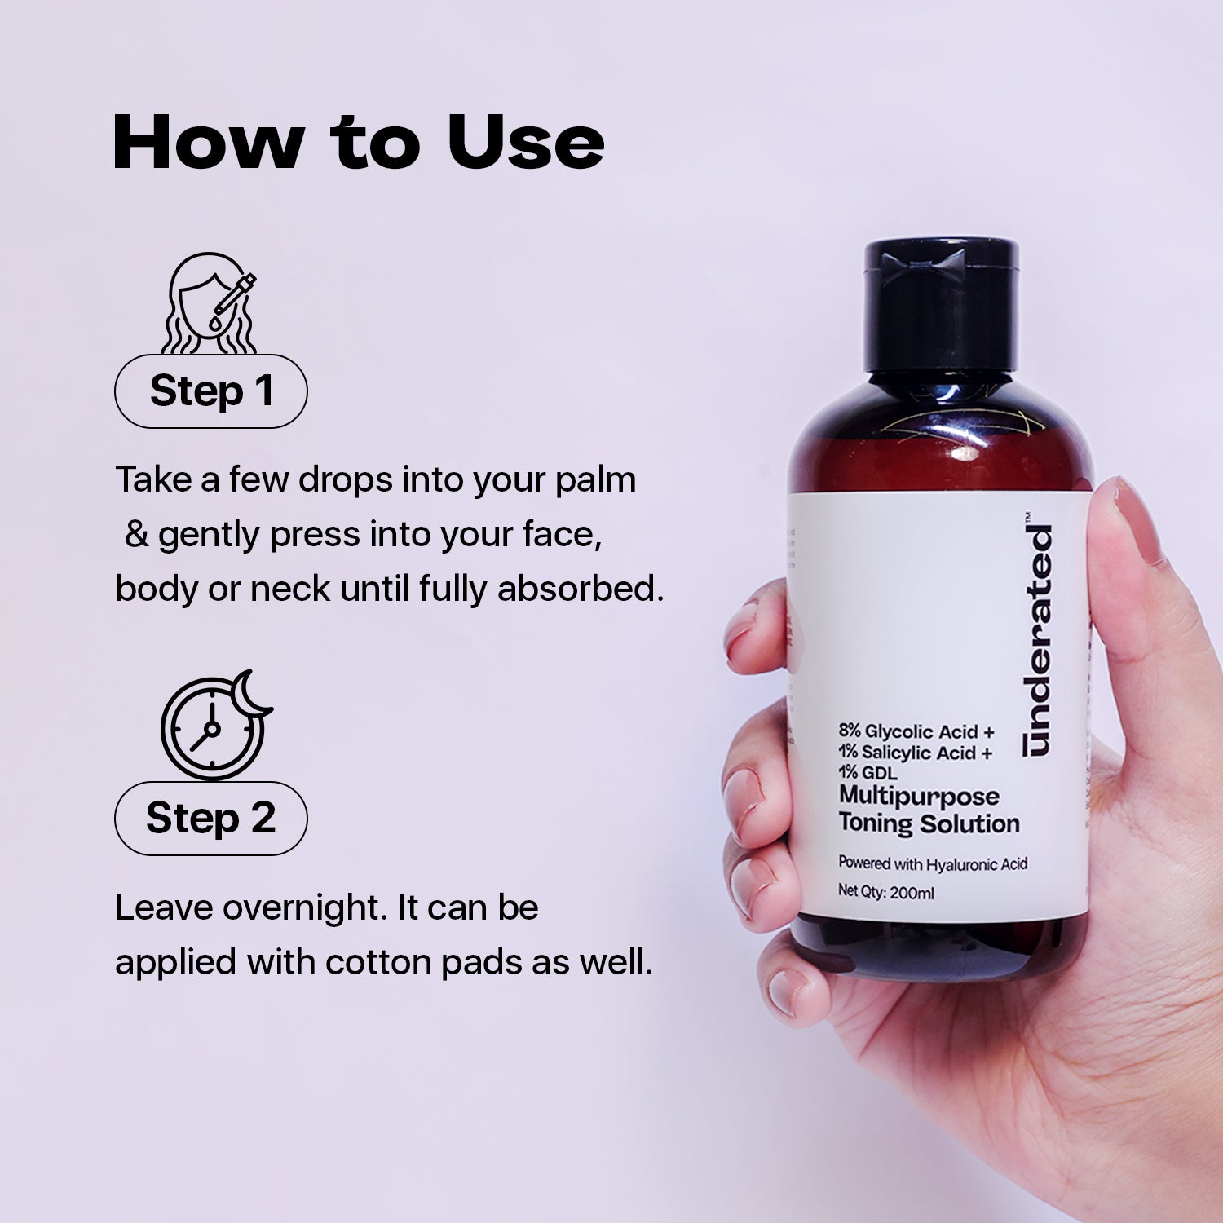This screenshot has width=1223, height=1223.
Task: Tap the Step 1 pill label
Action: pyautogui.click(x=210, y=391)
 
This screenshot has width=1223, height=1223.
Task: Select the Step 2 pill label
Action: pyautogui.click(x=210, y=818)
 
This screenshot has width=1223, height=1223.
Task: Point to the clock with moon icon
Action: pyautogui.click(x=214, y=726)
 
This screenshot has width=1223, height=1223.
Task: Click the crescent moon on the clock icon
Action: pyautogui.click(x=251, y=691)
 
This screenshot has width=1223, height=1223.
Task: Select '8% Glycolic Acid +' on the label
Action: pyautogui.click(x=916, y=731)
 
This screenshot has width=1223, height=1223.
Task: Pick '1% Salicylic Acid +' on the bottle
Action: pyautogui.click(x=915, y=753)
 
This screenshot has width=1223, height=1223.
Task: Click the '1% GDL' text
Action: pyautogui.click(x=868, y=773)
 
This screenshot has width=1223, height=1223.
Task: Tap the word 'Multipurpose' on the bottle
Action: pyautogui.click(x=919, y=796)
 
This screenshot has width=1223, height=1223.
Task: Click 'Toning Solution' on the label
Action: pyautogui.click(x=929, y=823)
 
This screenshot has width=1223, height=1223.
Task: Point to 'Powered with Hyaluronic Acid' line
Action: pyautogui.click(x=933, y=863)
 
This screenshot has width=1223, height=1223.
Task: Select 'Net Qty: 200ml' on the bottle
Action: pyautogui.click(x=886, y=893)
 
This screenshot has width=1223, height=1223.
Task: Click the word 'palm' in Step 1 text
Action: pyautogui.click(x=595, y=479)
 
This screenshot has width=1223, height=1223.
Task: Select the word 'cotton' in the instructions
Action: pyautogui.click(x=379, y=963)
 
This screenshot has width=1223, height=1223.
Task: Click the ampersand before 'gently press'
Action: pyautogui.click(x=136, y=535)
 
